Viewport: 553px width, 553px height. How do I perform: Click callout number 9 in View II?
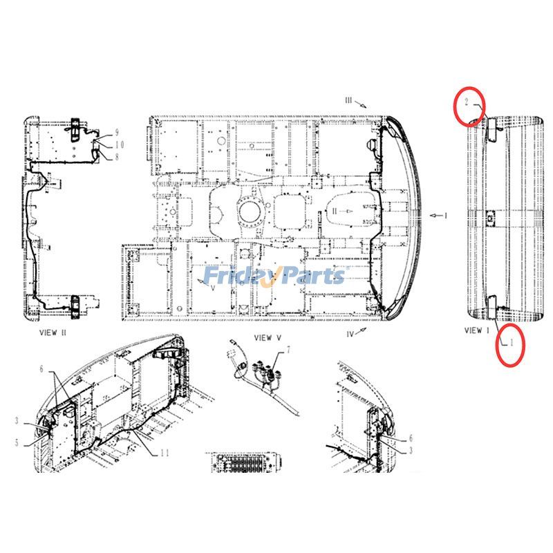click(117, 133)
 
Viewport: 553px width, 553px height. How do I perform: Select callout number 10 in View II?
click(120, 144)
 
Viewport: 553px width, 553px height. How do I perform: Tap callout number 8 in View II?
click(117, 156)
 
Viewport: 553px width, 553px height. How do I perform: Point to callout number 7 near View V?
click(288, 350)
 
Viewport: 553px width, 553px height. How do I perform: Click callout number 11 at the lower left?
click(165, 453)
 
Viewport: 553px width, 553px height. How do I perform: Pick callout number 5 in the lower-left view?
click(17, 442)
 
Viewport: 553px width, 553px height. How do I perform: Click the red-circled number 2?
click(467, 102)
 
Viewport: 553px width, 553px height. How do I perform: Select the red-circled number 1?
click(512, 342)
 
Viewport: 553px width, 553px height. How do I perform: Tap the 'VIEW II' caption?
click(53, 332)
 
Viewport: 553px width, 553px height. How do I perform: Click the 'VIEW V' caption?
click(268, 338)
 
